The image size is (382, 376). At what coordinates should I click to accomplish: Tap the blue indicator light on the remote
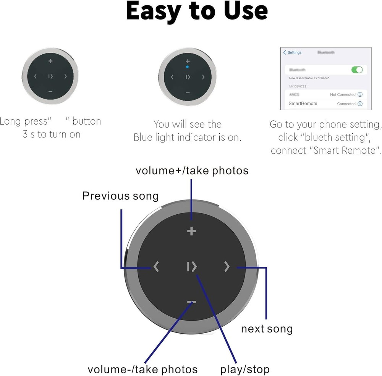(187, 66)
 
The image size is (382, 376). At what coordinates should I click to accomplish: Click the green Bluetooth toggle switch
(357, 70)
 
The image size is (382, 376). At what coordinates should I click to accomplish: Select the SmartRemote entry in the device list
(303, 104)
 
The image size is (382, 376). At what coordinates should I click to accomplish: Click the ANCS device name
(294, 94)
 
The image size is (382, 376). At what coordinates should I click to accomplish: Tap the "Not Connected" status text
(343, 94)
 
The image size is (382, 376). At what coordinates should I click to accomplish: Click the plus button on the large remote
(191, 231)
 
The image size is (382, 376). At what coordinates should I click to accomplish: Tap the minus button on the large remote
(191, 302)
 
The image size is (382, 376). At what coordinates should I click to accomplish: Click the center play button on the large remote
(192, 267)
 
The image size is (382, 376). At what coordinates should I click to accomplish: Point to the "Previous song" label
(120, 196)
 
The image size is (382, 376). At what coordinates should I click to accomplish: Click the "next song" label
(267, 329)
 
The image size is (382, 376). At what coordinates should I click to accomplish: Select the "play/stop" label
(245, 370)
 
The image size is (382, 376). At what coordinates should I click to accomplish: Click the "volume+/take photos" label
(192, 170)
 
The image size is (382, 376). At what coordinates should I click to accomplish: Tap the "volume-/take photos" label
(142, 370)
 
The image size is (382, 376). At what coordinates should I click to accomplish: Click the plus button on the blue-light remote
(187, 61)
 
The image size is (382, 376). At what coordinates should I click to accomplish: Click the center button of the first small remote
(50, 76)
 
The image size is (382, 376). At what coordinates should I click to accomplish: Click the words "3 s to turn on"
(52, 134)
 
